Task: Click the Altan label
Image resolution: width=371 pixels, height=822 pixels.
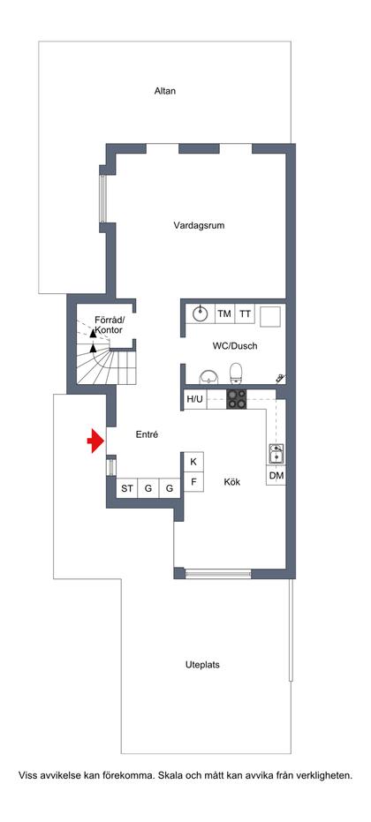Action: coord(165,91)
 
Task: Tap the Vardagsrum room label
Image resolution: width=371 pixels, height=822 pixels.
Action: coord(199,225)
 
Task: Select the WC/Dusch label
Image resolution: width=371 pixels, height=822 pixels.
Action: coord(235,346)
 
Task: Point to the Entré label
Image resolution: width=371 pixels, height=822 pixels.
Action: coord(147,434)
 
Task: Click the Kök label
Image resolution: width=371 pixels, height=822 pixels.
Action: coord(232,482)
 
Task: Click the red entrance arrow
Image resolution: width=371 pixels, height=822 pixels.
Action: coord(95,441)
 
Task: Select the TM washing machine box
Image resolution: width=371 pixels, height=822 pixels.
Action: coord(224,313)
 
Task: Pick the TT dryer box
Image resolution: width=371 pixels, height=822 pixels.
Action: coord(245,313)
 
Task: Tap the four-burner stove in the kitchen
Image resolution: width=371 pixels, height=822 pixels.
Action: coord(238,399)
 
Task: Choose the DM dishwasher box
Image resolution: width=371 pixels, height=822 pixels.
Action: coord(276,476)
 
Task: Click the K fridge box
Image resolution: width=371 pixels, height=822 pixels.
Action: coord(193,462)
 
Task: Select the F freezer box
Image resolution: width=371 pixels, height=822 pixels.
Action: coord(193,482)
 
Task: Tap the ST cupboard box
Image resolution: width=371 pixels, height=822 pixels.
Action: coord(127,488)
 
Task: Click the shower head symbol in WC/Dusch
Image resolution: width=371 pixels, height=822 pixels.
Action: coord(281,378)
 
